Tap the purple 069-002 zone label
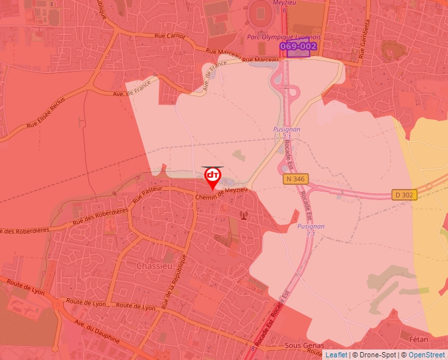click(298, 47)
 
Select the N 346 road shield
click(296, 178)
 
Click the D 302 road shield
click(406, 195)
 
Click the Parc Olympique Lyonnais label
click(284, 38)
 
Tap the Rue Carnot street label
click(169, 36)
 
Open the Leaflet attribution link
click(336, 355)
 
